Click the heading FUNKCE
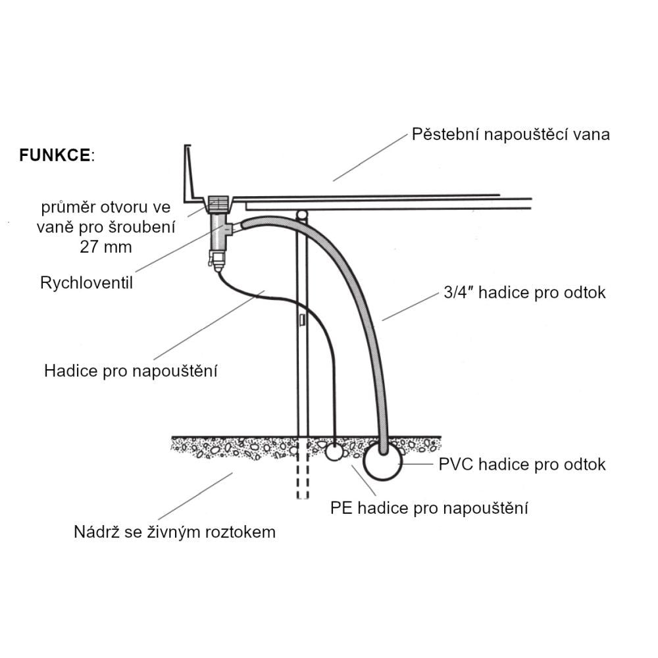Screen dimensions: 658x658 coord(55,156)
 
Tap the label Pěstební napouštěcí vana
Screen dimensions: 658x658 coord(511,135)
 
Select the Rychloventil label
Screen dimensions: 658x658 coord(87,284)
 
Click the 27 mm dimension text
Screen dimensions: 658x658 coord(105,247)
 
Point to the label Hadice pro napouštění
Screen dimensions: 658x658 coord(131,370)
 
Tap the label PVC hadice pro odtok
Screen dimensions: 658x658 coord(522,465)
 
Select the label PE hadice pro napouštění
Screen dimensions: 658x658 coord(429,508)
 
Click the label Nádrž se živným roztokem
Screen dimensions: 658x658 coord(174,532)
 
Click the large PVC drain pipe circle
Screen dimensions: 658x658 coord(382,461)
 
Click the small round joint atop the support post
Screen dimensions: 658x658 coord(302,215)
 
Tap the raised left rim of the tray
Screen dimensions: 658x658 coord(190,171)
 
